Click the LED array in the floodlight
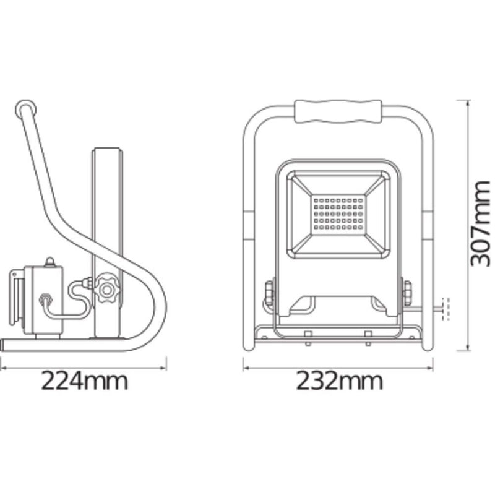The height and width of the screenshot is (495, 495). tap(338, 214)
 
